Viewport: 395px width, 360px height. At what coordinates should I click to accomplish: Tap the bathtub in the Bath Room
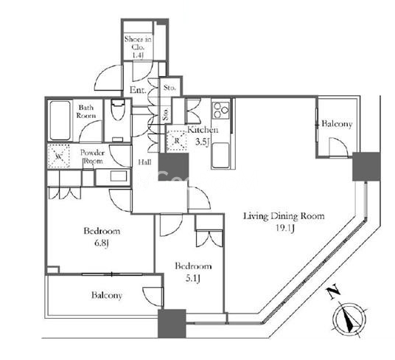point(60,120)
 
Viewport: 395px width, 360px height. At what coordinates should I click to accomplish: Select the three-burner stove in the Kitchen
point(221,111)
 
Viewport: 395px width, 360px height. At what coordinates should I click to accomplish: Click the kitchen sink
point(220,156)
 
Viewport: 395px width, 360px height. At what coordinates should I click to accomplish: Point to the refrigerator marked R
point(176,141)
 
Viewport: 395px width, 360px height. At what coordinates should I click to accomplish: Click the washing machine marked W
point(59,156)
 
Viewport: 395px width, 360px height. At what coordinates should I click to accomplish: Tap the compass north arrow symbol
point(350,319)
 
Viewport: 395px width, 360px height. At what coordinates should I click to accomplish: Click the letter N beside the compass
point(334,292)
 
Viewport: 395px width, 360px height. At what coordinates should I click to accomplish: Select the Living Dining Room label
point(284,216)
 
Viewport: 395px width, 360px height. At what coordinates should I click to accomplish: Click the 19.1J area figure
point(285,229)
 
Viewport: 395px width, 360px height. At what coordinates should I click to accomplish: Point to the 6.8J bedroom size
point(102,243)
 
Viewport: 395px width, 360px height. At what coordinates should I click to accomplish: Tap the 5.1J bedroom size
point(193,278)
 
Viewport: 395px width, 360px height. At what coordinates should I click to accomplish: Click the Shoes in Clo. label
point(138,43)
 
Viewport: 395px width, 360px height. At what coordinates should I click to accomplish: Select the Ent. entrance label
point(138,90)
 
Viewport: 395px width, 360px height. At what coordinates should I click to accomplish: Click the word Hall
point(144,162)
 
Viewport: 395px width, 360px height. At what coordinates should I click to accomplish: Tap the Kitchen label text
point(203,130)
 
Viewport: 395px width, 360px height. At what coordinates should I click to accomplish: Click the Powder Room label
point(92,157)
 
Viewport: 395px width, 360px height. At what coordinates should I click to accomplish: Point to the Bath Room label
point(86,111)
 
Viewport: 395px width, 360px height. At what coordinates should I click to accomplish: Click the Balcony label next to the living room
point(337,124)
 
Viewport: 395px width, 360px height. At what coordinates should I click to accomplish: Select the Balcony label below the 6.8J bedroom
point(107,295)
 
